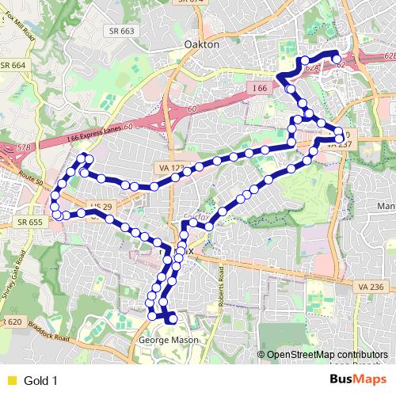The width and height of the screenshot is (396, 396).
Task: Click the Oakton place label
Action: (200, 45)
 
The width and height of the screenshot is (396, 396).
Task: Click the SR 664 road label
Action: (13, 65)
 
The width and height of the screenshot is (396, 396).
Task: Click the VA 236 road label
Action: (370, 286)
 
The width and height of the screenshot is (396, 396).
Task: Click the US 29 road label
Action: (97, 208)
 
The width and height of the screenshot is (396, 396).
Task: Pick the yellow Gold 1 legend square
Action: (11, 380)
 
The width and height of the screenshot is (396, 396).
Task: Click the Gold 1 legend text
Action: (41, 380)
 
